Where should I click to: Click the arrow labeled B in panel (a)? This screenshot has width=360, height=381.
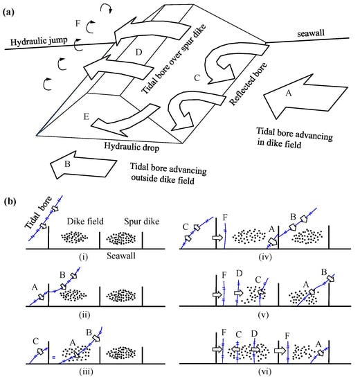(x=82, y=166)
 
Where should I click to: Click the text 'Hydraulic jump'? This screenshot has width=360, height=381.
(x=39, y=41)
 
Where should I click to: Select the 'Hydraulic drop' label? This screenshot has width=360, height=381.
(x=132, y=147)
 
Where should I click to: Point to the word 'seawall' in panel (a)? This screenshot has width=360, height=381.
(x=311, y=33)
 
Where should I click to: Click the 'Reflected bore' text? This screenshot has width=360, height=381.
(x=248, y=84)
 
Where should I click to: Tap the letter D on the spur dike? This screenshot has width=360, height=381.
(x=138, y=52)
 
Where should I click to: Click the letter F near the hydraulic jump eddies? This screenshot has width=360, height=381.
(x=78, y=24)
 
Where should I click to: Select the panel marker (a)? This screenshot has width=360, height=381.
(x=8, y=12)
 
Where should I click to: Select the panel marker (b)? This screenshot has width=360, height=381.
(x=9, y=202)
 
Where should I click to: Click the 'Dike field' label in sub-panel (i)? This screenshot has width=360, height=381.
(x=85, y=222)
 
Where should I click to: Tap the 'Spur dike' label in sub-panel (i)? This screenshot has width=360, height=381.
(x=142, y=222)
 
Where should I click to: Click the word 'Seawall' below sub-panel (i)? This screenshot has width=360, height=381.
(x=121, y=256)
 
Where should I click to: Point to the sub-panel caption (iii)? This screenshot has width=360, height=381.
(x=86, y=371)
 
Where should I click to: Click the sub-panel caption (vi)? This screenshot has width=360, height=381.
(x=264, y=371)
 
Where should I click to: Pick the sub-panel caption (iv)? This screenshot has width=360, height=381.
(x=264, y=256)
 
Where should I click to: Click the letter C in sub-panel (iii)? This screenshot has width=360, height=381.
(x=36, y=341)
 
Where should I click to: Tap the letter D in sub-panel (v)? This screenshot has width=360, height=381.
(x=240, y=274)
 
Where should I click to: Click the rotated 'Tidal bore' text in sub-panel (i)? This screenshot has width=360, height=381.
(x=38, y=213)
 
